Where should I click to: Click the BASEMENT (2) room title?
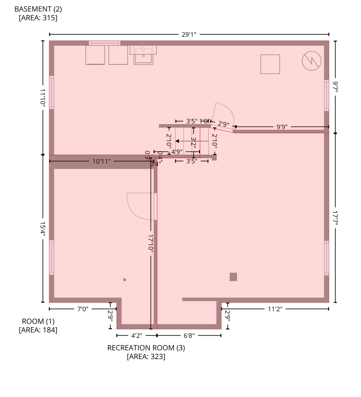[x=38, y=9]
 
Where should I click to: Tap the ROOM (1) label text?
[x=38, y=321]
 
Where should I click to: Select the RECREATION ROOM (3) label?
[x=146, y=348]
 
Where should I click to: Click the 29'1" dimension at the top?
[x=189, y=34]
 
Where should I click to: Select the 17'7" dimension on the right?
[x=335, y=218]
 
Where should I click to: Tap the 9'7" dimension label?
[x=335, y=87]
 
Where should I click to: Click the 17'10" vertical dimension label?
[x=151, y=242]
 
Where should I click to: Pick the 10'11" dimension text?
[x=101, y=162]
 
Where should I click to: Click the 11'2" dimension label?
[x=275, y=309]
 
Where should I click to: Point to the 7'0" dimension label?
[x=83, y=309]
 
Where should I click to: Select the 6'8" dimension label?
[x=189, y=336]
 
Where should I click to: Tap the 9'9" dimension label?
[x=282, y=127]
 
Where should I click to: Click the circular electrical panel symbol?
[x=311, y=61]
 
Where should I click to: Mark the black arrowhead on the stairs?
[x=177, y=141]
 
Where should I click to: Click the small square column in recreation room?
[x=233, y=277]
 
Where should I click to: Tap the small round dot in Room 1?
[x=125, y=280]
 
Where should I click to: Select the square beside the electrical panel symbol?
[x=270, y=64]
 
